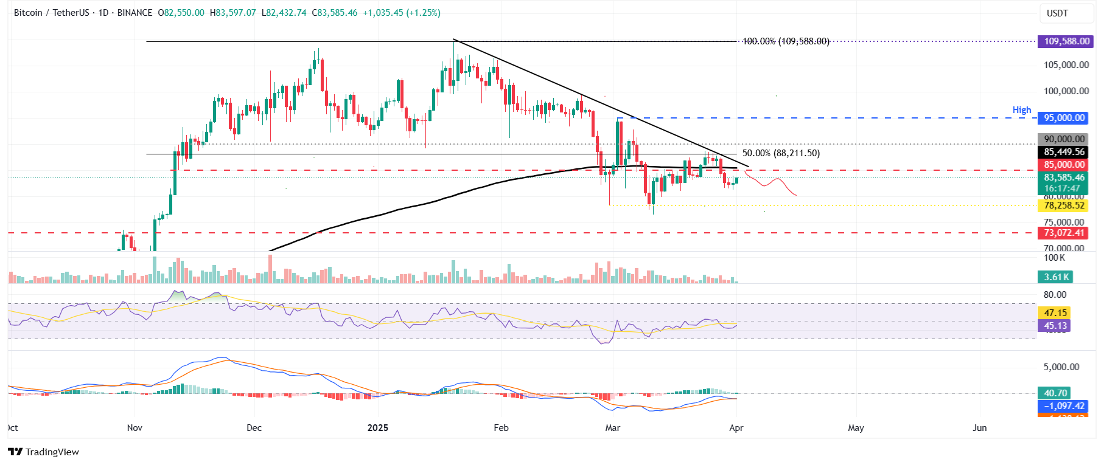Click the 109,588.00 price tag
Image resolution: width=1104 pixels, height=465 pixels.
tap(1066, 41)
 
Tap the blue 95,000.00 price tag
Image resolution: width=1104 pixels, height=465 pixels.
tap(1064, 118)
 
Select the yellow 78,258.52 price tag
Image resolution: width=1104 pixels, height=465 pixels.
tap(1064, 205)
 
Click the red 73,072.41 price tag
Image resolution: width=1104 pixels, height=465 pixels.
tap(1064, 233)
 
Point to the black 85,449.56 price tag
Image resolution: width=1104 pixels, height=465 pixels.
tap(1064, 152)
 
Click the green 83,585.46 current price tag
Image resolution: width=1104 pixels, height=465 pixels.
tap(1064, 177)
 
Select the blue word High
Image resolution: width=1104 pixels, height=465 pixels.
tap(1022, 110)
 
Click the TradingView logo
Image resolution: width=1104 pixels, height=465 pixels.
tap(44, 452)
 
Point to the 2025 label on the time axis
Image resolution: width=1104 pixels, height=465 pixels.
tap(378, 428)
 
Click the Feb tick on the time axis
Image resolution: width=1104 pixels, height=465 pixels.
tap(501, 428)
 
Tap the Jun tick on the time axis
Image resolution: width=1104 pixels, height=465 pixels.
tap(979, 428)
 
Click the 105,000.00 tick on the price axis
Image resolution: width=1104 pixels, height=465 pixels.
tap(1066, 65)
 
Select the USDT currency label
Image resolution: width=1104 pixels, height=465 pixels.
tap(1057, 13)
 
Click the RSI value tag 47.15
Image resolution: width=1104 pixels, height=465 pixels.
tap(1055, 313)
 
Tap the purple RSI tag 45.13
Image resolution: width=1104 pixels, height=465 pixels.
tap(1055, 326)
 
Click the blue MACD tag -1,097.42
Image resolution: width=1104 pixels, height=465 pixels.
tap(1063, 406)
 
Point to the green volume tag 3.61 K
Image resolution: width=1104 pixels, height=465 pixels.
tap(1056, 277)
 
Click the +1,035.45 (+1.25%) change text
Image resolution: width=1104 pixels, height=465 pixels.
tap(402, 13)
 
